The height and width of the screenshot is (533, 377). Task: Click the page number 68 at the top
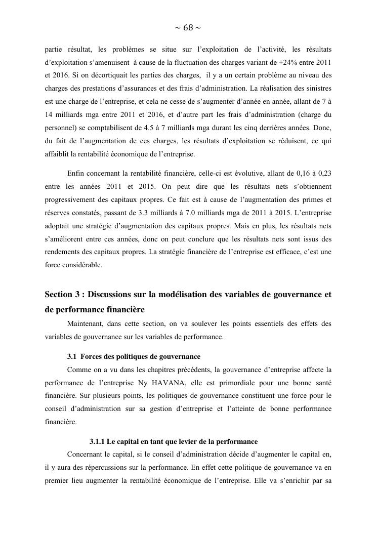pyautogui.click(x=188, y=28)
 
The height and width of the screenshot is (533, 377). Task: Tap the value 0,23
pyautogui.click(x=323, y=173)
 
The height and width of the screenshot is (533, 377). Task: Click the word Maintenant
pyautogui.click(x=86, y=323)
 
